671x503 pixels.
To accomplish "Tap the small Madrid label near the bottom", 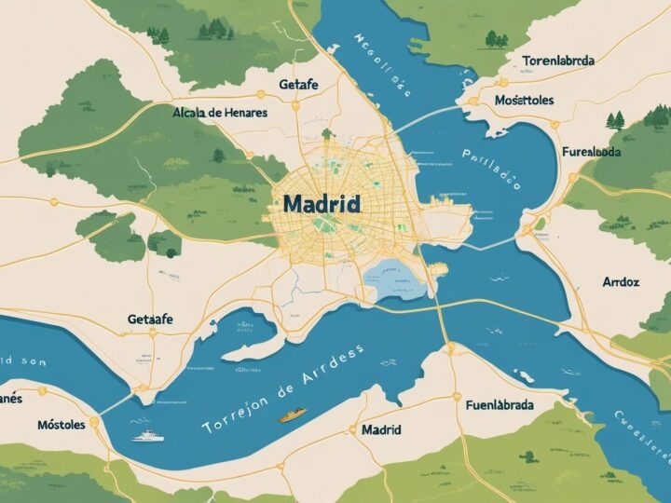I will (380, 429).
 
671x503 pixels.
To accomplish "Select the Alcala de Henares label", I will (220, 112).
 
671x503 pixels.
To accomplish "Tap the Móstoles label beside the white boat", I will (62, 424).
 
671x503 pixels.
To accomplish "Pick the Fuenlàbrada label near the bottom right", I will (500, 405).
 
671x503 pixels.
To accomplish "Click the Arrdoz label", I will (621, 280).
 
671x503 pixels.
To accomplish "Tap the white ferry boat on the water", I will (148, 435).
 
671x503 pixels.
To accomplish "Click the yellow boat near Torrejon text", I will (292, 415).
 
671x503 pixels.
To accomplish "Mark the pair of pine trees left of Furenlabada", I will (614, 119).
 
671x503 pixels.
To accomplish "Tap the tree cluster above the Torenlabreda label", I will (496, 38).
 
